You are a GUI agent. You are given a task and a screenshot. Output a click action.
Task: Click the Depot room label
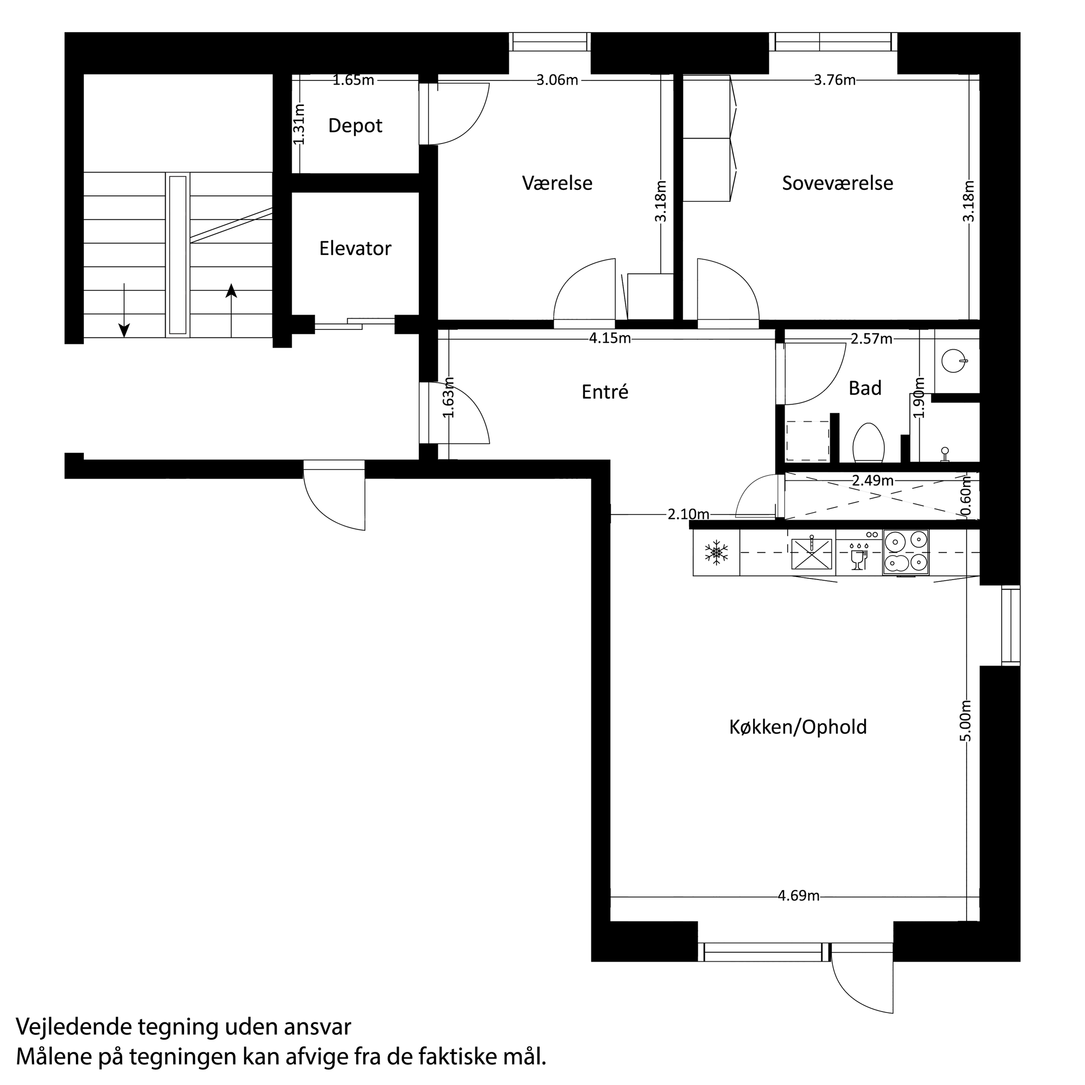click(x=355, y=126)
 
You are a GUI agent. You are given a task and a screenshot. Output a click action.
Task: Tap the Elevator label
click(x=355, y=248)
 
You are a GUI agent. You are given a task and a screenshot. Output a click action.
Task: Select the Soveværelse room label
click(x=837, y=183)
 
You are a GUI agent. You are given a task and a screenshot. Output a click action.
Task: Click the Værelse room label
click(x=557, y=183)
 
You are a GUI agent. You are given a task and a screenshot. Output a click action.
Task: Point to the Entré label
click(x=605, y=392)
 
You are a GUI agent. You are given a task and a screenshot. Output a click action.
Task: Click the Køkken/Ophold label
click(x=798, y=727)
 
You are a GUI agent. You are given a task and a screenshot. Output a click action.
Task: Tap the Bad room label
click(x=865, y=388)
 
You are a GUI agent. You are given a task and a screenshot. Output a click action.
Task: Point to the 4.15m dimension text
click(x=610, y=339)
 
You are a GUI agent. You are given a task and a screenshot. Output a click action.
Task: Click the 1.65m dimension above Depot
click(x=353, y=80)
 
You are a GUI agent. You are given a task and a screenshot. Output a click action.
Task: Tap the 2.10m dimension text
click(x=688, y=514)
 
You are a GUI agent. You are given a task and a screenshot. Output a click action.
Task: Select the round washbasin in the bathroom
click(x=954, y=361)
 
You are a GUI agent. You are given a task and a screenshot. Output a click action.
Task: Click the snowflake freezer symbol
click(x=717, y=552)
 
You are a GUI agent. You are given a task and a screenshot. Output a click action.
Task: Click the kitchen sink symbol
click(x=811, y=554)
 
